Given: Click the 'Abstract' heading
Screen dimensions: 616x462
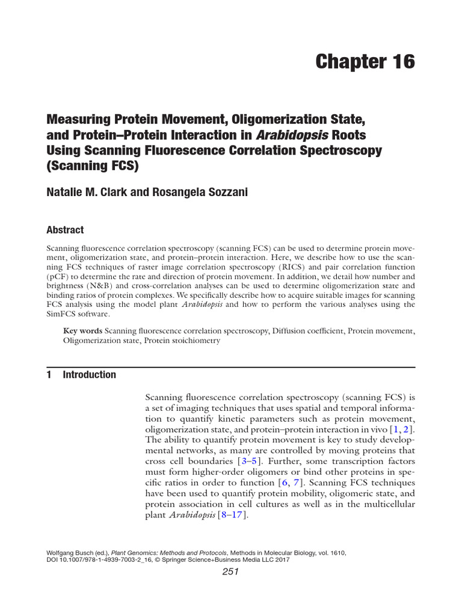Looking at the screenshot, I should pyautogui.click(x=65, y=230).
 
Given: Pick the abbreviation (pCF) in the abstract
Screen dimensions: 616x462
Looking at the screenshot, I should pyautogui.click(x=60, y=277).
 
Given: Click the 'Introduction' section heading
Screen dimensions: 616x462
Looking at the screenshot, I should pyautogui.click(x=89, y=375).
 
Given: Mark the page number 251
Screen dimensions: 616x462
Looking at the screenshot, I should pyautogui.click(x=230, y=572).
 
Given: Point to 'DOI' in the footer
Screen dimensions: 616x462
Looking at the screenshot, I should pyautogui.click(x=54, y=559).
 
